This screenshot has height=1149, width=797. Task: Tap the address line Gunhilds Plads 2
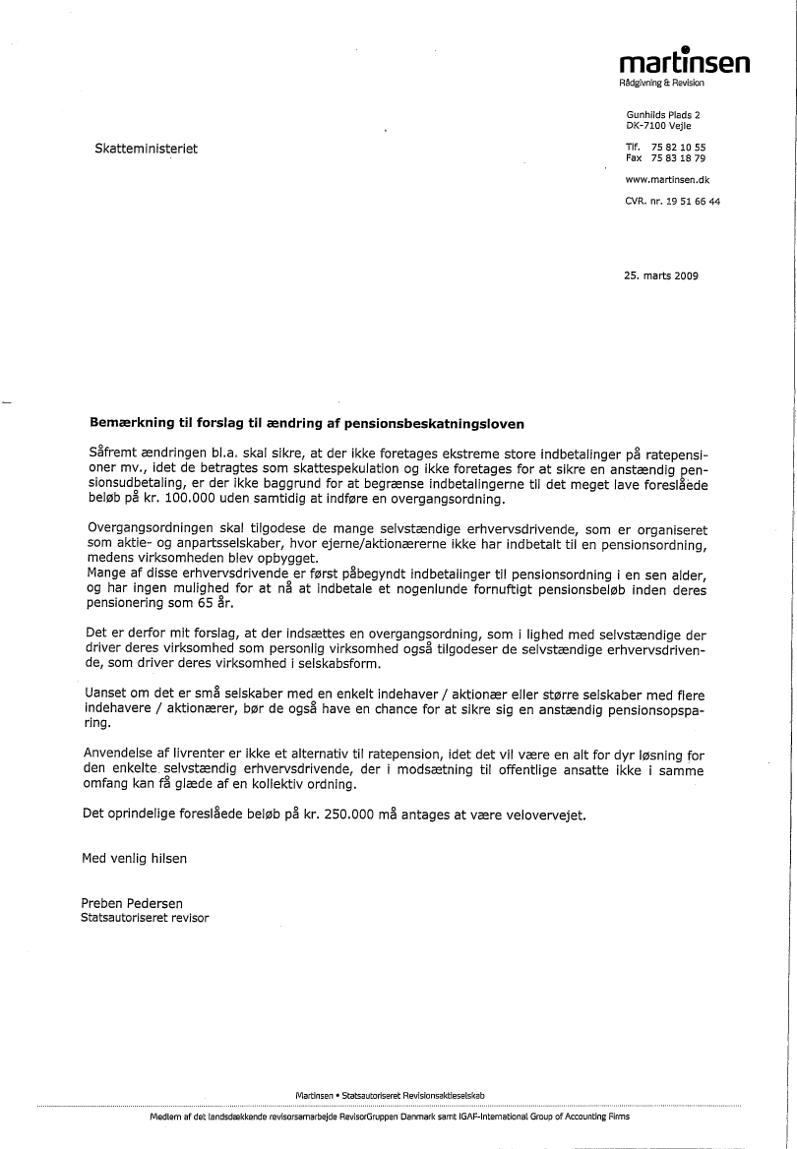tap(663, 116)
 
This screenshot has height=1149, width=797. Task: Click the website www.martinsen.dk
tap(668, 180)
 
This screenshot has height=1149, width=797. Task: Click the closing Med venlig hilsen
tap(135, 858)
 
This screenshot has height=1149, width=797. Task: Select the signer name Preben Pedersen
tap(133, 904)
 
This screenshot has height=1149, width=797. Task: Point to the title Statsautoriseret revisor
tap(145, 918)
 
